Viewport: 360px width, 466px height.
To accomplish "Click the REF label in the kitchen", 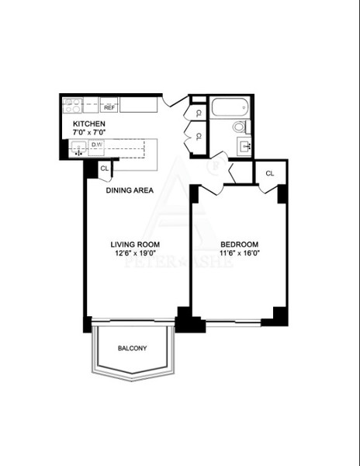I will point(109,108).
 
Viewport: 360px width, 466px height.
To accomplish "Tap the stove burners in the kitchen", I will point(72,104).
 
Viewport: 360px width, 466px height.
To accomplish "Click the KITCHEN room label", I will point(89,124).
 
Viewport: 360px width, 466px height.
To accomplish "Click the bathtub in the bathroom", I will point(229,108).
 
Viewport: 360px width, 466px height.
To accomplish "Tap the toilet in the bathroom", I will point(239,127).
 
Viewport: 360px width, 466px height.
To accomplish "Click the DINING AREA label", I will point(130,190).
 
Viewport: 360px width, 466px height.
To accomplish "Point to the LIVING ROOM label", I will point(134,243).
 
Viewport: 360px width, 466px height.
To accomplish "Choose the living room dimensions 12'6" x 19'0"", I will point(134,252).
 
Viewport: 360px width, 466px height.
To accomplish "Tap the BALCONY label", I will point(132,348).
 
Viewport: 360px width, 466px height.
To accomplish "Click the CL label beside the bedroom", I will point(270,173).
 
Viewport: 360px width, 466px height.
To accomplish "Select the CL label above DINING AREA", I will point(105,167).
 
